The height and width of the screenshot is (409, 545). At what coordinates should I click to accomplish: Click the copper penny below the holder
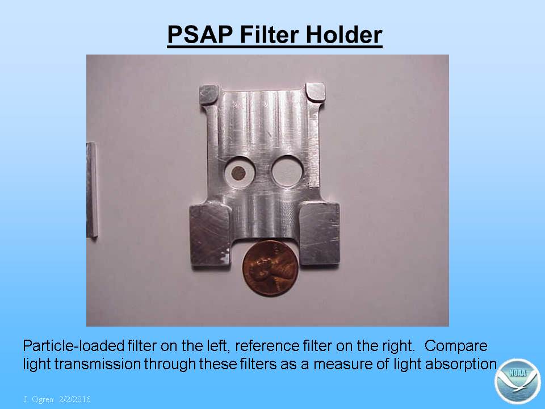270,268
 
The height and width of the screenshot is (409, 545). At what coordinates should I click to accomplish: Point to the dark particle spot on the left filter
238,173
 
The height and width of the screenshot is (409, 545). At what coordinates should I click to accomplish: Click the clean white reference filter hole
287,171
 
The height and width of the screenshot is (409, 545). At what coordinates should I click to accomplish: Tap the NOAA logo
517,381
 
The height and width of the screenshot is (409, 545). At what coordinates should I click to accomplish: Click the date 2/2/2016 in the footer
75,399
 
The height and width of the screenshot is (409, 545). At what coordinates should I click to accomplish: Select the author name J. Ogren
38,399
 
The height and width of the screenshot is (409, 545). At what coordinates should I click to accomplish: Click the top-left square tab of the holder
209,95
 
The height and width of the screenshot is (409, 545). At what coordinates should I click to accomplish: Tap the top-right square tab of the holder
315,92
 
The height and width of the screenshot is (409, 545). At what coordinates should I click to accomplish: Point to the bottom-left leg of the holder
210,235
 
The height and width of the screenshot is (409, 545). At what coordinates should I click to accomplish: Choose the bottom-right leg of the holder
319,233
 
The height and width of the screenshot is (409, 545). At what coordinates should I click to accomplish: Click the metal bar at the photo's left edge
92,190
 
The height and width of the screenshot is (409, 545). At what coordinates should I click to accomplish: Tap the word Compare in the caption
456,346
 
